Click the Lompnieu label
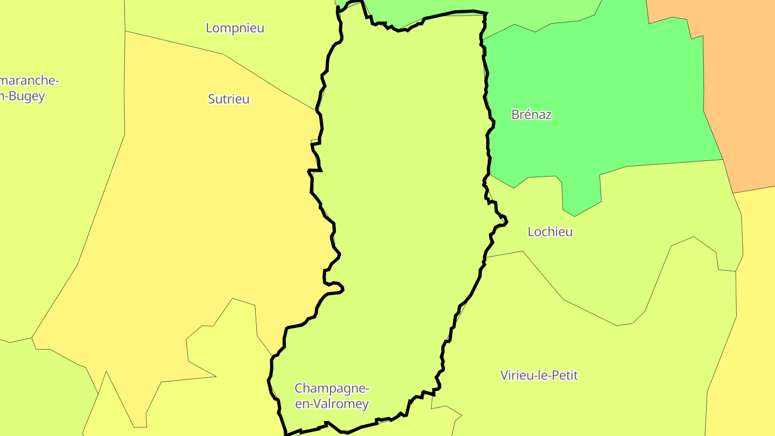click(235, 28)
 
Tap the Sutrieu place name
click(229, 99)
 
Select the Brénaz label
click(531, 115)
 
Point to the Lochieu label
click(550, 232)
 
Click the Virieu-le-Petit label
click(539, 375)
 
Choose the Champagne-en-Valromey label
click(332, 396)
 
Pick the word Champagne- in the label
click(332, 389)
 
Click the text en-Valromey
click(332, 404)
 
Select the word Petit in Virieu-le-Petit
click(563, 375)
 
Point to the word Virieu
click(516, 375)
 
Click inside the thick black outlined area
click(404, 188)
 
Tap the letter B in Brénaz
click(515, 115)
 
